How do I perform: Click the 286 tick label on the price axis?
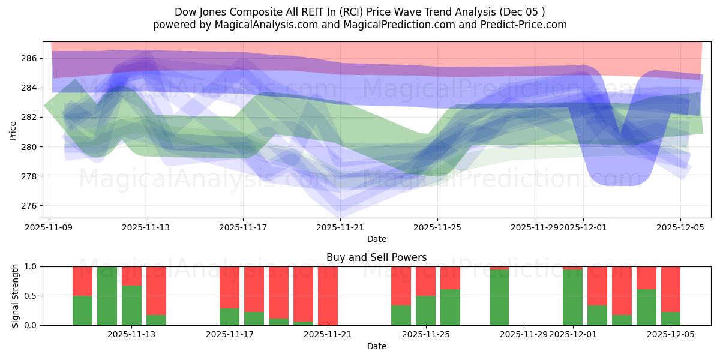29,58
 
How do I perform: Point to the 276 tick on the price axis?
29,206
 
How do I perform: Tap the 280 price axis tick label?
29,147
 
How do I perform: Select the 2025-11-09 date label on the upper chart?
49,228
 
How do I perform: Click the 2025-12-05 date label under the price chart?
680,228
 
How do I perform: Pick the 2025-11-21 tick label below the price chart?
340,228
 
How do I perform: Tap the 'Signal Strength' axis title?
16,296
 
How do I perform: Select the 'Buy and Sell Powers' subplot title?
376,257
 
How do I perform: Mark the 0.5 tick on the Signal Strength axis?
31,296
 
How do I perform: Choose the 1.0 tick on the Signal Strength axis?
31,267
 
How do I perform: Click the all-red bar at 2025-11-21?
328,296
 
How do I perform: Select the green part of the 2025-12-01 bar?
572,297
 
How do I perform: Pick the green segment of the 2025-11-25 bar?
425,311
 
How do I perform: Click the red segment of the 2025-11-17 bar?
229,287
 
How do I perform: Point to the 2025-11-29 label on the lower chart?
524,335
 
